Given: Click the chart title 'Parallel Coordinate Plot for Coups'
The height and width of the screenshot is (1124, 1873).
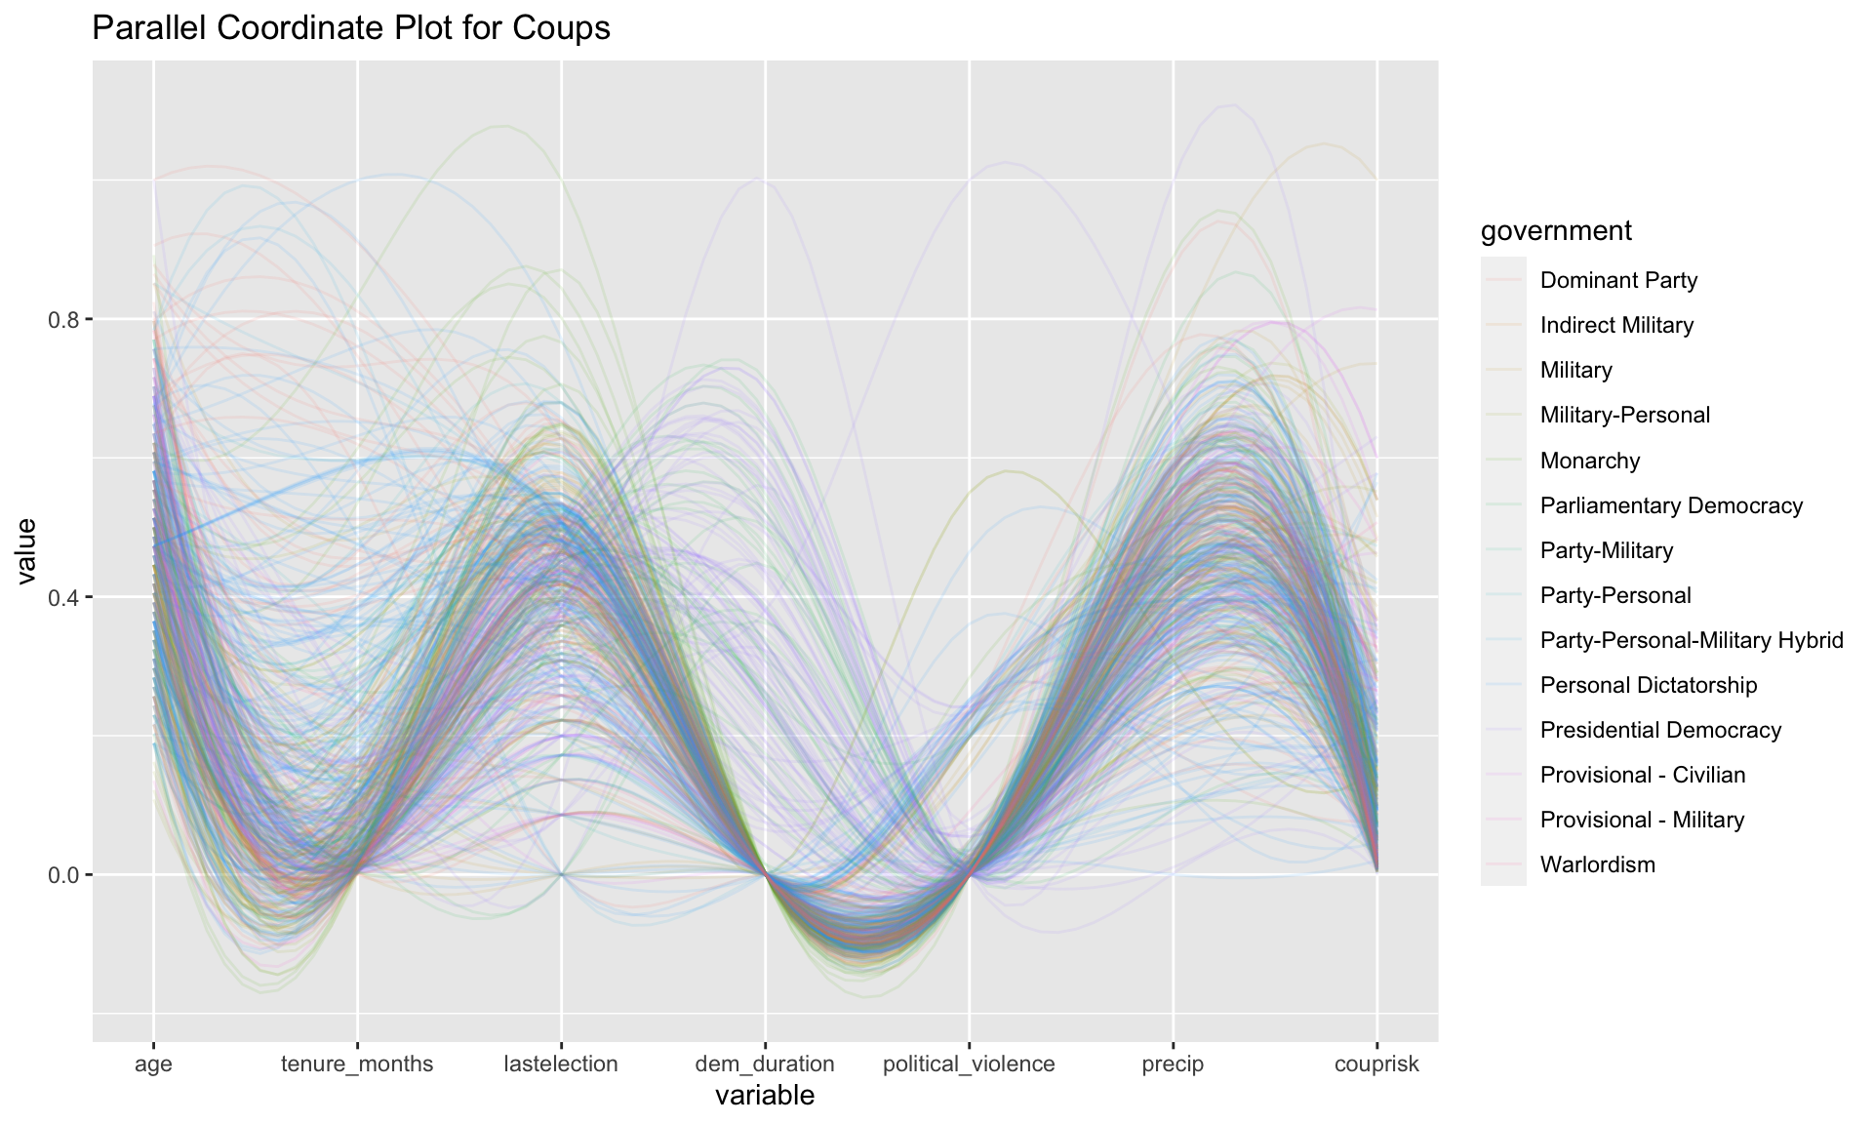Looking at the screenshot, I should (350, 28).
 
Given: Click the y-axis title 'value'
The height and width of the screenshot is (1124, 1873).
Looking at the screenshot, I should (26, 551).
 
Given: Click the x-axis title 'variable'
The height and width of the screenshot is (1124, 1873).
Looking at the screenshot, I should (765, 1096).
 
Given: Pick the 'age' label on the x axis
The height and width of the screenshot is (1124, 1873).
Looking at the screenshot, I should (153, 1064).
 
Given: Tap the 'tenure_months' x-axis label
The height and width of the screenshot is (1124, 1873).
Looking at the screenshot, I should (357, 1064).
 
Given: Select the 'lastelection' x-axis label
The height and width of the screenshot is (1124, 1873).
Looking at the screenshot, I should (561, 1064).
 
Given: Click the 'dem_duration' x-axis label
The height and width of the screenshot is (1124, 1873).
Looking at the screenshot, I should (765, 1064).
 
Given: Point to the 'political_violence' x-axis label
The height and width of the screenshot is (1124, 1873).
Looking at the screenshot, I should (969, 1064).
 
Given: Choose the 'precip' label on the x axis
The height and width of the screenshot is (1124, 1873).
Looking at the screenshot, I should (1173, 1064).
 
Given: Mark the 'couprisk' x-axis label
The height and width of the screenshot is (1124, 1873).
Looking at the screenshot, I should (1376, 1064).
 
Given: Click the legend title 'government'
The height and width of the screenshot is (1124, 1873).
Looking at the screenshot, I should (1556, 231).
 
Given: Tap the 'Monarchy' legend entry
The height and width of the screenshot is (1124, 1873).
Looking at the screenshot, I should (1590, 461).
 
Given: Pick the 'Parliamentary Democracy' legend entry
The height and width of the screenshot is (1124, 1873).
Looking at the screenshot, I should (1671, 505).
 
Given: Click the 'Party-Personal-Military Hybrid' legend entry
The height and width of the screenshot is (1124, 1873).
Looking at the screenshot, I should (1692, 640).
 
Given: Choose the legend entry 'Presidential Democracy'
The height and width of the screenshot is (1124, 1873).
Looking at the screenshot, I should (1660, 730).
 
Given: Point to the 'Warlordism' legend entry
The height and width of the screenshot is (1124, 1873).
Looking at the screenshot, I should (1598, 864).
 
